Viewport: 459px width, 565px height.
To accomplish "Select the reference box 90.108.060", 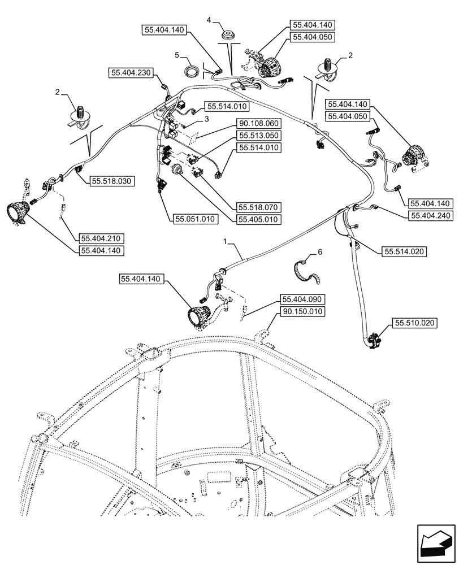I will coord(259,123).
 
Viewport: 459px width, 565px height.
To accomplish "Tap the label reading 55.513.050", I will coord(259,136).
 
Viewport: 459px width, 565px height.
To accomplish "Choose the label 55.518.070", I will coord(259,207).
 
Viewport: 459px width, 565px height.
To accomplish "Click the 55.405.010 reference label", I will coord(259,219).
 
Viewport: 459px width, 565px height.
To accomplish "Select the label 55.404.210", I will coord(102,238).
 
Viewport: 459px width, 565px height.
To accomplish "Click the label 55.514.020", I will coord(405,251).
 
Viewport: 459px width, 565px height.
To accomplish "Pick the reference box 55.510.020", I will coord(414,323).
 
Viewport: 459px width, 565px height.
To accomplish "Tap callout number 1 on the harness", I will coord(226,241).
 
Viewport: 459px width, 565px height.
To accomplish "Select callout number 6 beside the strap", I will coord(320,253).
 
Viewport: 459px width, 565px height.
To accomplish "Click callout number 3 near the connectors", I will coord(207,119).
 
